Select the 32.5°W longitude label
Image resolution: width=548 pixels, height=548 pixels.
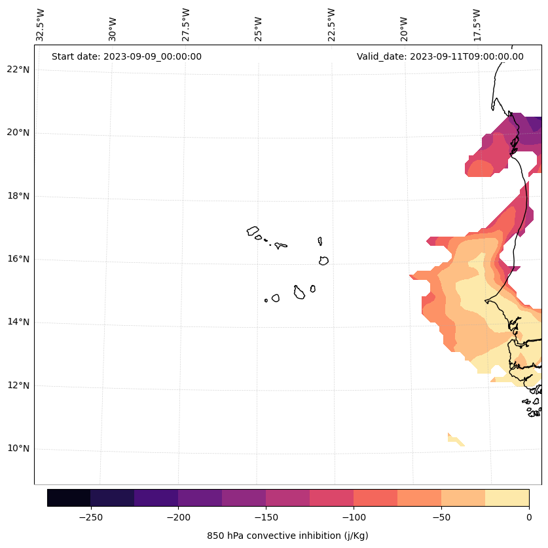(41, 25)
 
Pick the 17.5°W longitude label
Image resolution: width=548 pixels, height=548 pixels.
(477, 25)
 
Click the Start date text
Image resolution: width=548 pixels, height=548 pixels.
(126, 56)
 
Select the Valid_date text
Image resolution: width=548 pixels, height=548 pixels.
(440, 56)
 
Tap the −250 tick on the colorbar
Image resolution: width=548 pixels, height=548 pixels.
(90, 517)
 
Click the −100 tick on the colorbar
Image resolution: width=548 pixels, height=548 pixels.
(354, 517)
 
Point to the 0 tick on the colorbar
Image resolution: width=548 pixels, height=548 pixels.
(528, 517)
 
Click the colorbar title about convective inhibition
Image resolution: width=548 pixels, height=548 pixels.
(287, 536)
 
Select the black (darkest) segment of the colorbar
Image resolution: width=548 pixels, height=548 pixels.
(69, 498)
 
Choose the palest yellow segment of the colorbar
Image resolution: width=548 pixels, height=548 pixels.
(507, 498)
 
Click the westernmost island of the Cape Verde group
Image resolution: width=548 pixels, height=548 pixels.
(253, 231)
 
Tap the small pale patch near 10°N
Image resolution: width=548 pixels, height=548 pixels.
(454, 440)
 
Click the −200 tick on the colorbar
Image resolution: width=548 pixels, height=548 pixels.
(178, 517)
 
